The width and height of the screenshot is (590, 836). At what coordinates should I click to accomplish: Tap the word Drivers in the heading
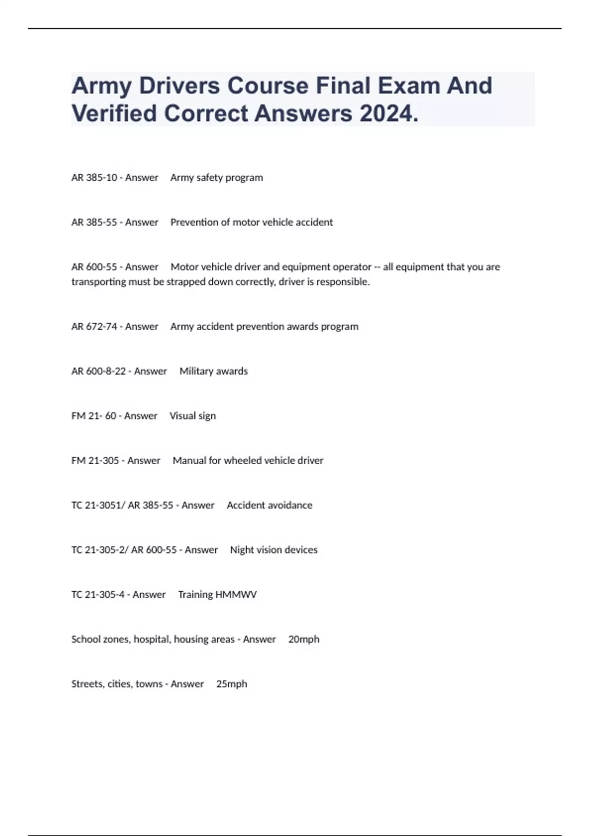(x=179, y=86)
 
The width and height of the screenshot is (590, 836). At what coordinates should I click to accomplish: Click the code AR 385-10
(x=94, y=178)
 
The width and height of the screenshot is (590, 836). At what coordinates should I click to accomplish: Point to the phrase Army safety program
(x=216, y=178)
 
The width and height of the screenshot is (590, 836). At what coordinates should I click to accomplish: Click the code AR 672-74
(x=94, y=327)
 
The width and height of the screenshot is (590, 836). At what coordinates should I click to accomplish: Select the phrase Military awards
(x=213, y=371)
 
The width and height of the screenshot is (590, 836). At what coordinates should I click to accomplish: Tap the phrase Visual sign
(x=193, y=416)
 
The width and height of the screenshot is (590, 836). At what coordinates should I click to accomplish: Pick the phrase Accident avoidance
(x=269, y=506)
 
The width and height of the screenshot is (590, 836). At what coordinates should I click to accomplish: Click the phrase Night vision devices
(x=273, y=550)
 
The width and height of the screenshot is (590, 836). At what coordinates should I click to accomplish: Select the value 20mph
(x=304, y=639)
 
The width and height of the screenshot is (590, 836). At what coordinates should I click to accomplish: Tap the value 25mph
(x=232, y=684)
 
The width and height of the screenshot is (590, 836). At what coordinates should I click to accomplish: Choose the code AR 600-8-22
(x=98, y=371)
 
